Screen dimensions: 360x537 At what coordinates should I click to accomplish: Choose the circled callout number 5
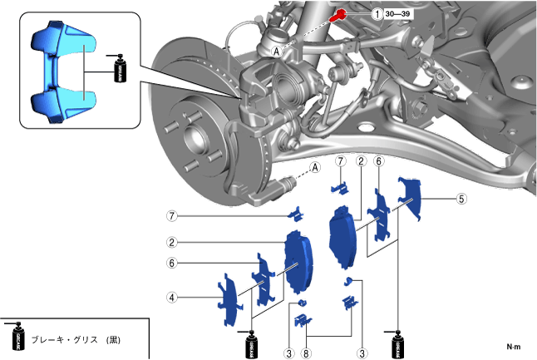click(462, 199)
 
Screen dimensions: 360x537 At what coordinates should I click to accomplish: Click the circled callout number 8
click(307, 353)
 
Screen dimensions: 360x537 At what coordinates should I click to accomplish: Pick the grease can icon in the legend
click(17, 337)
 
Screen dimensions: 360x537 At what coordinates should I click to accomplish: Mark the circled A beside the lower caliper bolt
click(316, 167)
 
